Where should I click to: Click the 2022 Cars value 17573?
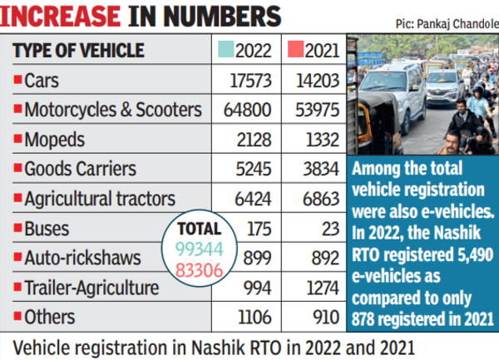[248, 80]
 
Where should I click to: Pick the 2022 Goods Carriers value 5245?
[253, 169]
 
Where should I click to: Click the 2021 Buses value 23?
[328, 228]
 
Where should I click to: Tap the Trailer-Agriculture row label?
[91, 287]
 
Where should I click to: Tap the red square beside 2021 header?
[291, 50]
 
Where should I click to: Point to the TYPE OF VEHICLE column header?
[77, 50]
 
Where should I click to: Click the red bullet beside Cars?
[17, 80]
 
